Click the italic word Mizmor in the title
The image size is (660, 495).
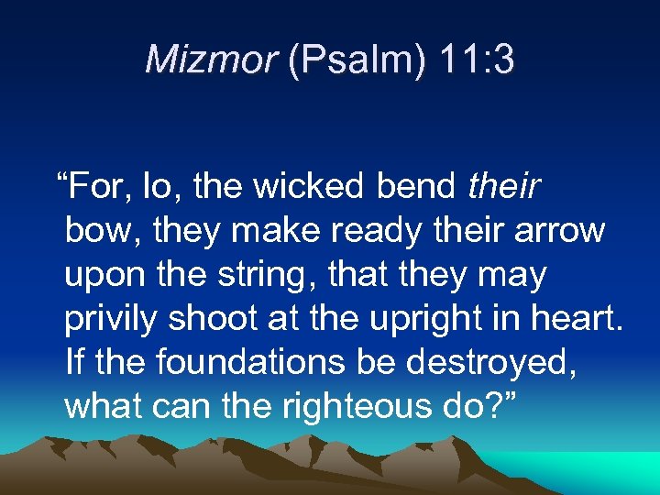click(x=211, y=60)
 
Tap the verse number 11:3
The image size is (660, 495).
click(x=476, y=60)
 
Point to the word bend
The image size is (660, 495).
click(x=417, y=186)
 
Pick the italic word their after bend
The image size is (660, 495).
click(x=503, y=186)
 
